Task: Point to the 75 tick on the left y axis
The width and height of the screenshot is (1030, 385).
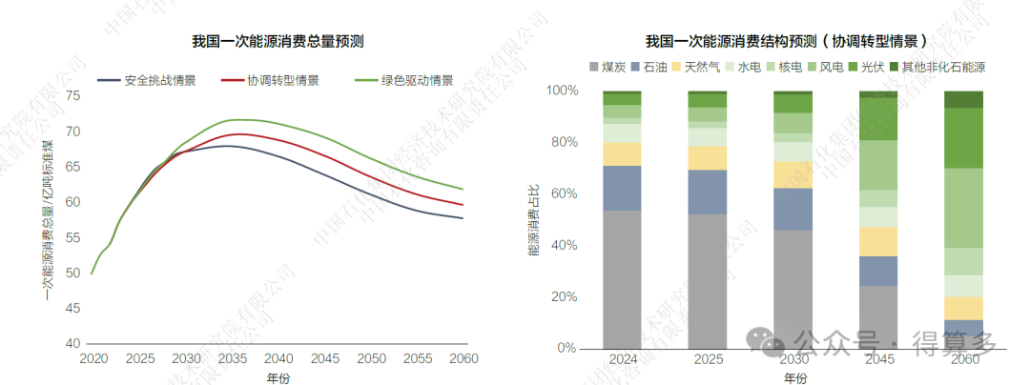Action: [72, 95]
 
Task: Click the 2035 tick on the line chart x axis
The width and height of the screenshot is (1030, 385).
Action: [232, 358]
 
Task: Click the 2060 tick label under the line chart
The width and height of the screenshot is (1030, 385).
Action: [463, 358]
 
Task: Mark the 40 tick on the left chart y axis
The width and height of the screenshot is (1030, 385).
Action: [72, 343]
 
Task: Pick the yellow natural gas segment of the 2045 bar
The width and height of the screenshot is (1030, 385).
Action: [878, 241]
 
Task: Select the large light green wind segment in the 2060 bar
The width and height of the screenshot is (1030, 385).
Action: [963, 208]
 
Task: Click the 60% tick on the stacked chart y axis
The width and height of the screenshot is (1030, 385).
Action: [564, 193]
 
